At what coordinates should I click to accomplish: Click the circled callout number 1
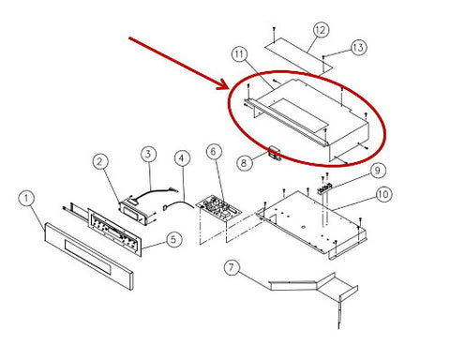pos(26,198)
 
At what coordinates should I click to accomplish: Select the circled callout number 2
pos(100,161)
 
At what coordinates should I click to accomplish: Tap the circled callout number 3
pos(148,154)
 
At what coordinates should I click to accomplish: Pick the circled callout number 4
pos(182,158)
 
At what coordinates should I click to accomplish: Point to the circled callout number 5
pos(173,240)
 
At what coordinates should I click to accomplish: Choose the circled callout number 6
pos(214,152)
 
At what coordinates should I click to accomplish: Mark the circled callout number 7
pos(232,268)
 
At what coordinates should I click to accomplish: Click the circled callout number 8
pos(245,163)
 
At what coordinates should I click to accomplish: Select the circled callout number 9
pos(378,171)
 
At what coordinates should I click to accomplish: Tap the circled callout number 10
pos(383,194)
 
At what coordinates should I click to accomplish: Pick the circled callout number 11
pos(239,54)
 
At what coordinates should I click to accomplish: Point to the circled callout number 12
pos(321,30)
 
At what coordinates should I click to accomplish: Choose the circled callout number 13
pos(358,48)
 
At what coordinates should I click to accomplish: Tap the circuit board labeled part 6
pos(218,210)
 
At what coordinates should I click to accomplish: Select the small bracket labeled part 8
pos(275,154)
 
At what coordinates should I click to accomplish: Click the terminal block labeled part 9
pos(324,188)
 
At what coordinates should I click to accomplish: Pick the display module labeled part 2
pos(135,213)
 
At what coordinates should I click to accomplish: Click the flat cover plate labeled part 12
pos(299,56)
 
